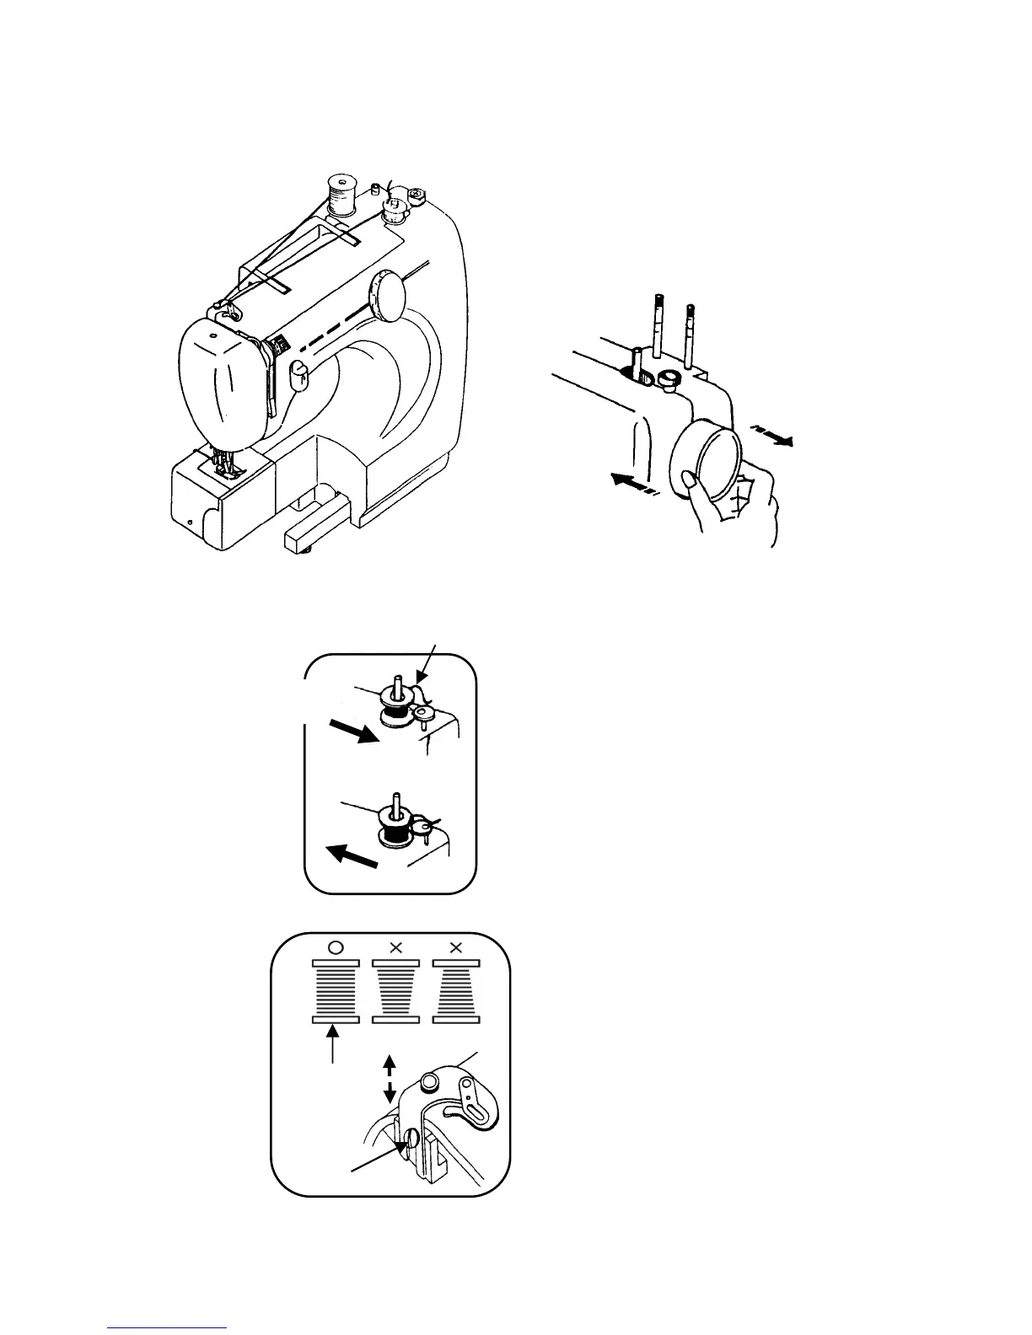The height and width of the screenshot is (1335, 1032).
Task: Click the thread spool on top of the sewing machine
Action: coord(341,196)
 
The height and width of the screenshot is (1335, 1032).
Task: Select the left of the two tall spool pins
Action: coord(657,328)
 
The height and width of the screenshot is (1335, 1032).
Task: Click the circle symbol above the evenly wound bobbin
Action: coord(335,947)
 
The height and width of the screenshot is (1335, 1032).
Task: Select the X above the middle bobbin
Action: coord(395,947)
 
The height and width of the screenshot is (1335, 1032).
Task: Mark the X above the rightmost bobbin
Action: coord(456,947)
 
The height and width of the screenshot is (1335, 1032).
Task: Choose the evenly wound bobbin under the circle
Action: coord(336,991)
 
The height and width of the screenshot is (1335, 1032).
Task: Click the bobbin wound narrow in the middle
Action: coord(395,991)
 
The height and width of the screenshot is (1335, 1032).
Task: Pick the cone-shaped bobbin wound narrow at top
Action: coord(456,991)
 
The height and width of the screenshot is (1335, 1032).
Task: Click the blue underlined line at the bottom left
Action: coord(168,1328)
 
